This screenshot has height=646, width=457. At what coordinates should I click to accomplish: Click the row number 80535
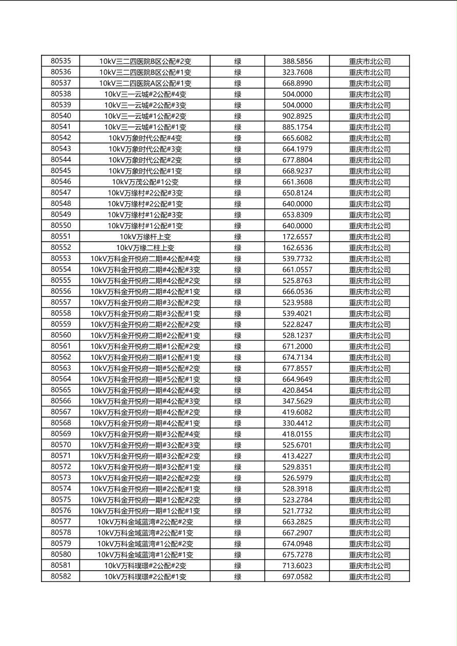[61, 61]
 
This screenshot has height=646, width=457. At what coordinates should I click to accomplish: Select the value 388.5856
[297, 61]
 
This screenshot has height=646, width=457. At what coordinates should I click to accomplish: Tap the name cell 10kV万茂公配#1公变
[145, 182]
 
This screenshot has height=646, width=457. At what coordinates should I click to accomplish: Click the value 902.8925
[297, 116]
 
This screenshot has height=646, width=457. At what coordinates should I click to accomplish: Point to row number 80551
[61, 236]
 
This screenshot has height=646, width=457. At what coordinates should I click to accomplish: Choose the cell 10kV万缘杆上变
[145, 236]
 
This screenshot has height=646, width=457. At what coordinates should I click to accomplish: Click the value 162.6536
[297, 248]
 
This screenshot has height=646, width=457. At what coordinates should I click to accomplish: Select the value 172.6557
[297, 236]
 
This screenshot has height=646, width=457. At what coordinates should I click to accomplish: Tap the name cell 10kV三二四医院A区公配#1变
[145, 83]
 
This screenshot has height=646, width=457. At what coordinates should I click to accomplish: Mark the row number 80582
[61, 576]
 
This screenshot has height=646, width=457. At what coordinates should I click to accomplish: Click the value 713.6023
[297, 566]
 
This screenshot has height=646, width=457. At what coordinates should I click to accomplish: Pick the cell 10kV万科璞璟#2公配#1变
[145, 576]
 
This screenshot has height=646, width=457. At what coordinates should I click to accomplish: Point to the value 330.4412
[297, 423]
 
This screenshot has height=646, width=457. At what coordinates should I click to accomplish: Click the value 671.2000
[297, 347]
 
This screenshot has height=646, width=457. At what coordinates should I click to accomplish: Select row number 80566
[61, 401]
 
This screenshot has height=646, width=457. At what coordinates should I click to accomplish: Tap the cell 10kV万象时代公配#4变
[145, 138]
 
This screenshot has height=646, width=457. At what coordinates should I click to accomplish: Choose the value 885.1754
[297, 127]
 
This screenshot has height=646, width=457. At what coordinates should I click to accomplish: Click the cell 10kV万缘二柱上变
[145, 248]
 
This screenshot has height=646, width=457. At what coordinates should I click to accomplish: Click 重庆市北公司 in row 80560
[369, 335]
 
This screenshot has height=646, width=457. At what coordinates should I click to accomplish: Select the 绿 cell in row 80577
[238, 522]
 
